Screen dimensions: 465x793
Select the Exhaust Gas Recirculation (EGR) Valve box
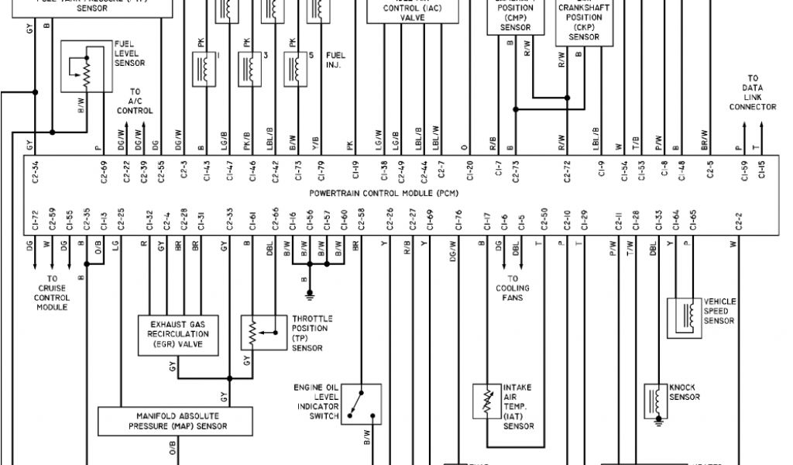coord(177,335)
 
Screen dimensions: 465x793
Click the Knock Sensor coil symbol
coord(657,401)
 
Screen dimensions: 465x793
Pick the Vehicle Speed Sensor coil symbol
coord(685,315)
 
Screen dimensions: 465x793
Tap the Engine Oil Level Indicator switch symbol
coord(360,403)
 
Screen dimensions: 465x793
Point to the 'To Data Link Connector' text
coord(752,92)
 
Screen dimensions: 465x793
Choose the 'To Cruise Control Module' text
coord(53,292)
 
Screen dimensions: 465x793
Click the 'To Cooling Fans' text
coord(513,288)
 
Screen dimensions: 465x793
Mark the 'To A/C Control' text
coord(135,102)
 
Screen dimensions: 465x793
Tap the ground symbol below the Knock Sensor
coord(657,424)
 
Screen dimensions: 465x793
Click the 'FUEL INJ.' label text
coord(335,60)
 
